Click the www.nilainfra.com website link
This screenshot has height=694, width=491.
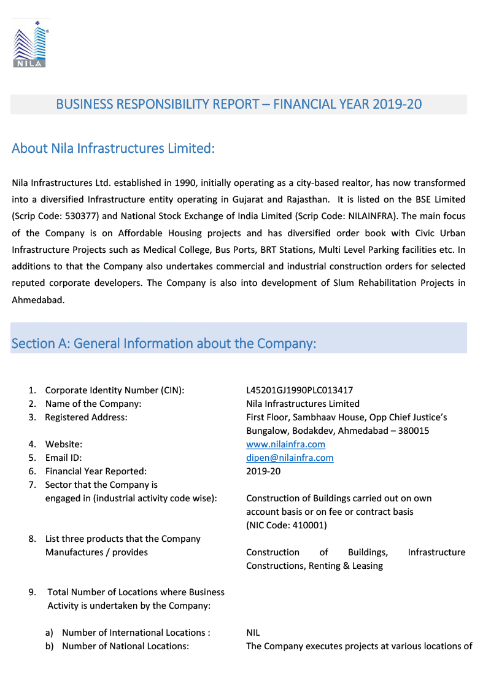(x=285, y=444)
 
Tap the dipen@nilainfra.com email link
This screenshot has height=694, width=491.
(x=290, y=458)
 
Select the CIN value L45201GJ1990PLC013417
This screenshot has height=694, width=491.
(x=300, y=390)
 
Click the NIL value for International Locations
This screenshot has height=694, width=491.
(x=253, y=633)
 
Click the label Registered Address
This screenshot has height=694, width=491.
(x=86, y=417)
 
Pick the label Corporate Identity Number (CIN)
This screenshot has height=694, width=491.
(x=115, y=390)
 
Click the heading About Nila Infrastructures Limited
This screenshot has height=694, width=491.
(x=114, y=148)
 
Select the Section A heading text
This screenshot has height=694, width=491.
(x=164, y=344)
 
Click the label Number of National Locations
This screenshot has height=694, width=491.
(x=125, y=646)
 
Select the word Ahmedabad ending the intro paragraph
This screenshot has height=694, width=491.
(x=37, y=300)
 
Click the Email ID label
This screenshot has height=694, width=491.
(x=63, y=458)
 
